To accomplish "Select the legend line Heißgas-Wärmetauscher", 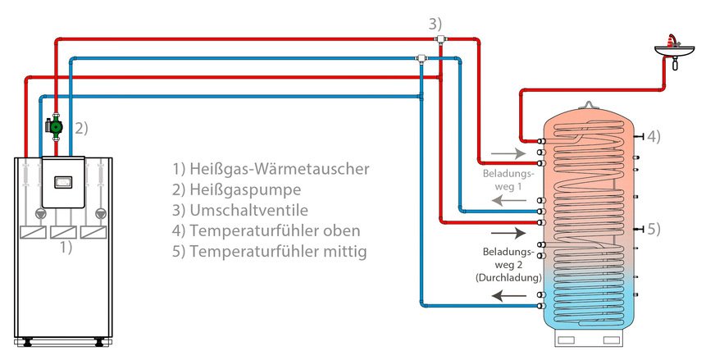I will tap(271, 169).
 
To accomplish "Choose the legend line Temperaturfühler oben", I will tap(266, 230).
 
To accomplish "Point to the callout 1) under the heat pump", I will tap(65, 245).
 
